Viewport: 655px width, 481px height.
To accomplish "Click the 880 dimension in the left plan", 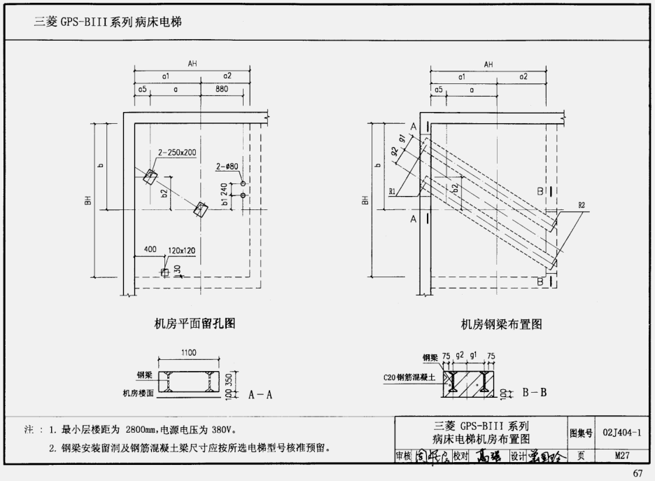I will [221, 89].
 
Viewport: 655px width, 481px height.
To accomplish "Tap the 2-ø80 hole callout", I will [227, 166].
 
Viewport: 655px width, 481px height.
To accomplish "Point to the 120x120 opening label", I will [181, 250].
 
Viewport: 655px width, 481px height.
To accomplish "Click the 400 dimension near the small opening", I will [150, 250].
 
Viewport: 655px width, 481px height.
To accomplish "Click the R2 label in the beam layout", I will [581, 205].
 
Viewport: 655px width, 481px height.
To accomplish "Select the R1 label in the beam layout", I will [393, 190].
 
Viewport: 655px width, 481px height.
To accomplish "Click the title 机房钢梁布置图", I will [501, 324].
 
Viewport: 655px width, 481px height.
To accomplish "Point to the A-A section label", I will [260, 395].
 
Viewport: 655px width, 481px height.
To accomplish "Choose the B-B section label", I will [534, 393].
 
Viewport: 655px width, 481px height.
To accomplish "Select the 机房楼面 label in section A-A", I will [138, 393].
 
